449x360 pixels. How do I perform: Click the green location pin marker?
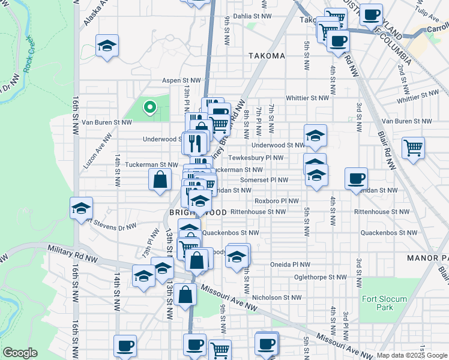tap(149, 107)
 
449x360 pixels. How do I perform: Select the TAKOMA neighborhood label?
tap(267, 56)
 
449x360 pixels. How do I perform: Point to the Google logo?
tap(20, 353)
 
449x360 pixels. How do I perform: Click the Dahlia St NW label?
tap(250, 16)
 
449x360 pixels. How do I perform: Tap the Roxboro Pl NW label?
tap(276, 201)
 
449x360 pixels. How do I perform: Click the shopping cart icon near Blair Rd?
tap(413, 146)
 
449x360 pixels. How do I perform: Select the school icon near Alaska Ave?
tap(107, 45)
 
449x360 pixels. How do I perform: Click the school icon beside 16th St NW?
tap(81, 208)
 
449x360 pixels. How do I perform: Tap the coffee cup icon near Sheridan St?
tap(357, 177)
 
